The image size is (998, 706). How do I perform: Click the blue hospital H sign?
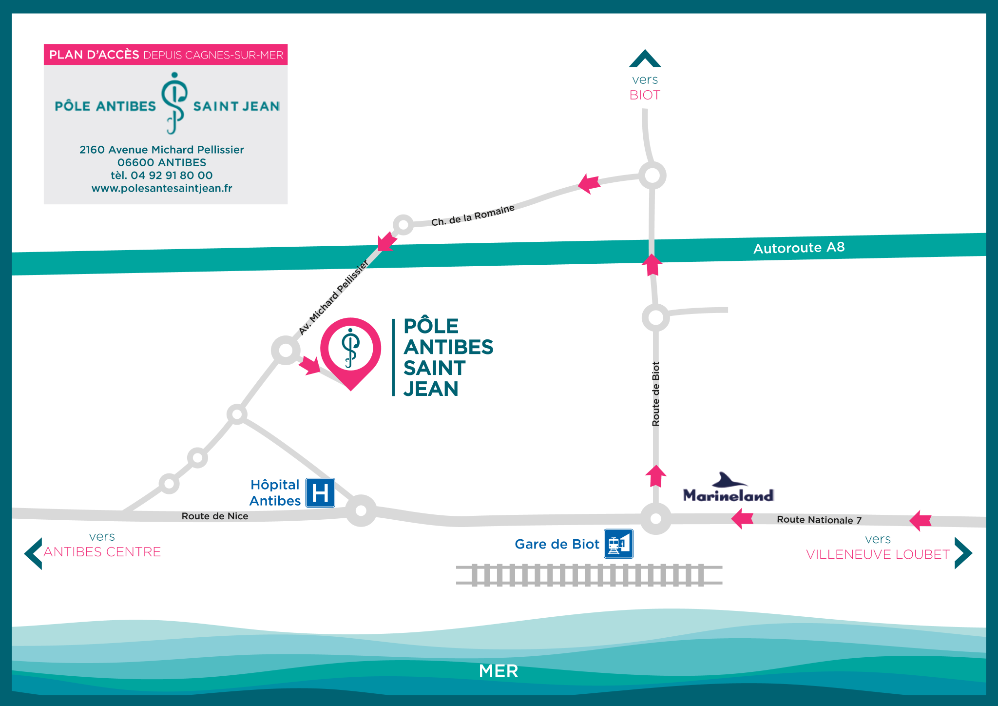[x=320, y=492]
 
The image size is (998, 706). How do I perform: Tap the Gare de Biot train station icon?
[x=618, y=544]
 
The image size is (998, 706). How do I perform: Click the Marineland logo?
[x=729, y=488]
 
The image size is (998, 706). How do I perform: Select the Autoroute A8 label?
[x=799, y=248]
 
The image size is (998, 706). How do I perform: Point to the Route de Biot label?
[x=656, y=394]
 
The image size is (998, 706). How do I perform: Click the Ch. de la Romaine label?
[x=473, y=216]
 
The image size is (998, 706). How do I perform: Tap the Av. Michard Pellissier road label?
[x=333, y=298]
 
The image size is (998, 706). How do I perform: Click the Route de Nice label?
[x=215, y=516]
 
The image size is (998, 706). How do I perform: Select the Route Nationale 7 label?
[x=819, y=520]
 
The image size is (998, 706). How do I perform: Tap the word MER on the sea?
[x=499, y=671]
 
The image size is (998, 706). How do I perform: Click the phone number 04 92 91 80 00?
[x=172, y=176]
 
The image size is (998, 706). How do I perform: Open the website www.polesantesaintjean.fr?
[x=162, y=188]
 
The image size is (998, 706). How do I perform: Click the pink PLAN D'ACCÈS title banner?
[x=166, y=55]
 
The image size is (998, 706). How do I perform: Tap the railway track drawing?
[x=589, y=575]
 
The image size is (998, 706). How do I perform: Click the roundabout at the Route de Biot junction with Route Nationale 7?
[x=656, y=519]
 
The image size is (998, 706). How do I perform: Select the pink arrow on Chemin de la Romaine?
[x=589, y=183]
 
